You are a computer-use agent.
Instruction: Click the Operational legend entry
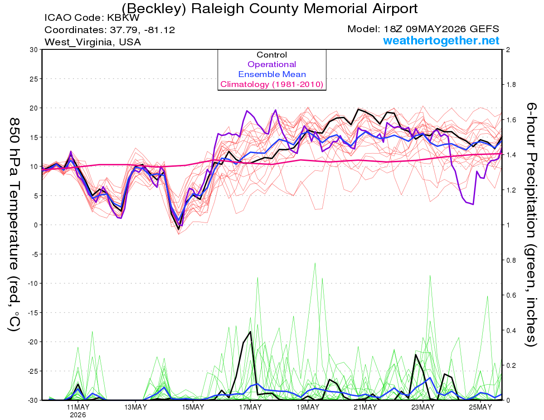pyautogui.click(x=272, y=64)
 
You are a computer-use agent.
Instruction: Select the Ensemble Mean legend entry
pyautogui.click(x=272, y=74)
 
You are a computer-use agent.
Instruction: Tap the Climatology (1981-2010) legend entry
pyautogui.click(x=272, y=84)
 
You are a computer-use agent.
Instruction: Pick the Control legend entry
pyautogui.click(x=272, y=54)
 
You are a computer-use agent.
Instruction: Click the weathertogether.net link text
pyautogui.click(x=441, y=40)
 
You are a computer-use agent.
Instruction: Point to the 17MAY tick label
pyautogui.click(x=250, y=407)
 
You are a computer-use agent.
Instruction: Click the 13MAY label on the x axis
pyautogui.click(x=136, y=407)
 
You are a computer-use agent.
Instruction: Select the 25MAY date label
pyautogui.click(x=480, y=407)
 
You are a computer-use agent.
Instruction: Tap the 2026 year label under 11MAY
pyautogui.click(x=78, y=415)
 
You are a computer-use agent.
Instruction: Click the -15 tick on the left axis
pyautogui.click(x=33, y=313)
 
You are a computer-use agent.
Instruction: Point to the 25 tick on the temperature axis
pyautogui.click(x=34, y=79)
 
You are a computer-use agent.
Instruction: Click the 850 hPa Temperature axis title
pyautogui.click(x=14, y=224)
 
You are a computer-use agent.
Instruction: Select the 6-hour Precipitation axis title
pyautogui.click(x=531, y=224)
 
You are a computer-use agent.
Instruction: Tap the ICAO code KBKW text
pyautogui.click(x=92, y=18)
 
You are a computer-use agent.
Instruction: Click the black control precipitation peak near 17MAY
pyautogui.click(x=250, y=332)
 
